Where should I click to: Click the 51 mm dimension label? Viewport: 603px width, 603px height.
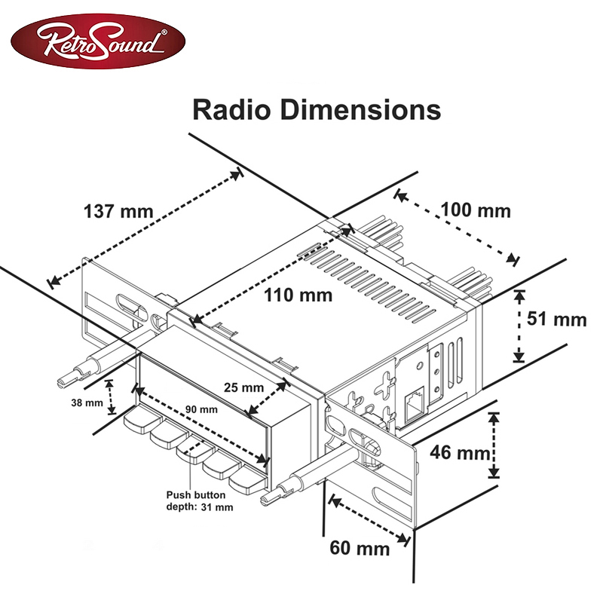[556, 319]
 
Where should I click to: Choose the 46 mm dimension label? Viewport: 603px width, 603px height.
[460, 453]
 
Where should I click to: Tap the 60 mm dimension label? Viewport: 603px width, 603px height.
[360, 547]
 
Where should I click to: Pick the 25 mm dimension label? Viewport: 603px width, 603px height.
[243, 387]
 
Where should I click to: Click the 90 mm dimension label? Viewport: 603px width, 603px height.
[201, 409]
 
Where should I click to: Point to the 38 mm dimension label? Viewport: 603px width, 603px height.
[87, 403]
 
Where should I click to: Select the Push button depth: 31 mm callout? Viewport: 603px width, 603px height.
[200, 501]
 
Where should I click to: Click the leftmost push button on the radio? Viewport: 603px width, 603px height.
[137, 420]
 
